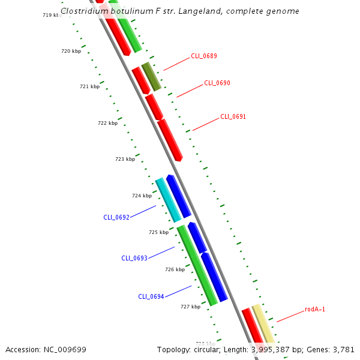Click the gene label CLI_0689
[x=204, y=56]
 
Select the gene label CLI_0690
[x=217, y=83]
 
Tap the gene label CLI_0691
[x=233, y=116]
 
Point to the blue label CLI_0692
[x=116, y=217]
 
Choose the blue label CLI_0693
[x=134, y=258]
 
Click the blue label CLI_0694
[x=151, y=296]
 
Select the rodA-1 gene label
[x=315, y=310]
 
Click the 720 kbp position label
[x=71, y=51]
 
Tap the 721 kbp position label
[x=89, y=86]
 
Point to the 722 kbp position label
[x=107, y=123]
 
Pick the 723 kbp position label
[x=125, y=159]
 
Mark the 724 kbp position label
[x=142, y=196]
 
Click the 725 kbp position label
[x=158, y=232]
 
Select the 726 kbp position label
[x=175, y=269]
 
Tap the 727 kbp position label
[x=190, y=307]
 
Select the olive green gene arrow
[x=151, y=76]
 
